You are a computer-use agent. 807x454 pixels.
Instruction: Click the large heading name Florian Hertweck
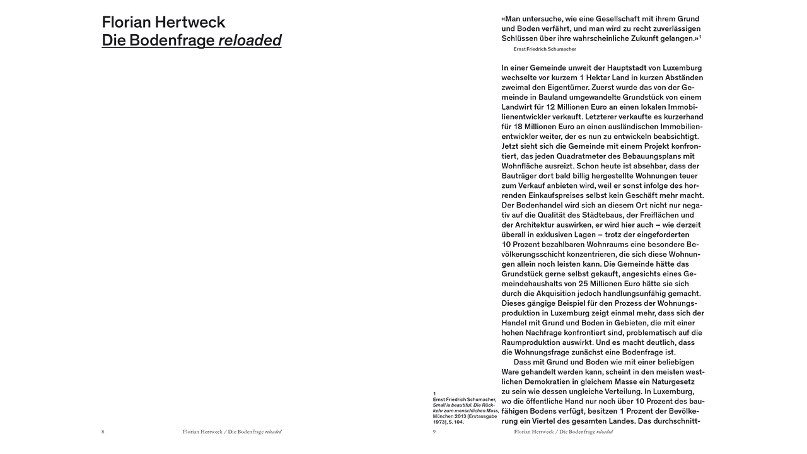point(163,23)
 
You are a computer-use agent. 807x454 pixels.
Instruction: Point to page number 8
point(103,432)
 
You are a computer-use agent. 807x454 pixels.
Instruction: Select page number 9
point(434,432)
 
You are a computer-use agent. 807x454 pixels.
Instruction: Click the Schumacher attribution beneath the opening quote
point(545,49)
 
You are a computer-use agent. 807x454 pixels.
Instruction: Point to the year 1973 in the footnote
point(441,422)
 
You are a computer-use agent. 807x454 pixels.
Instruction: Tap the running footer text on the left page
point(231,432)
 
